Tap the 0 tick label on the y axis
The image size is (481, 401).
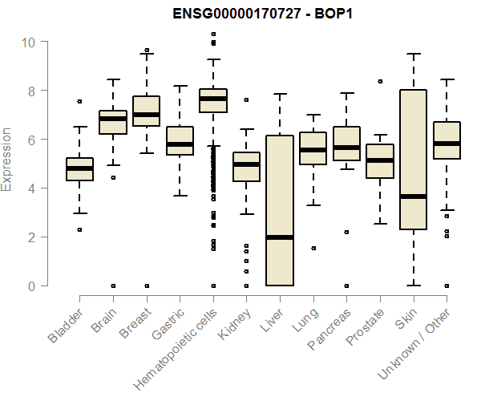(31, 286)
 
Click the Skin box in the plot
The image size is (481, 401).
(413, 160)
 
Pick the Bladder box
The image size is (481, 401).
(79, 169)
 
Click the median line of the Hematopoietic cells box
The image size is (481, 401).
(213, 99)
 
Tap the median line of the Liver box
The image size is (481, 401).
(280, 237)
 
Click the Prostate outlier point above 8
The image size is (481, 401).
(380, 81)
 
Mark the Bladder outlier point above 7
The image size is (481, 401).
(79, 101)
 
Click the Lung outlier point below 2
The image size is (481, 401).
(313, 248)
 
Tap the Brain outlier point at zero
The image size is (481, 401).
(113, 286)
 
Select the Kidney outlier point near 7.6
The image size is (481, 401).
(246, 100)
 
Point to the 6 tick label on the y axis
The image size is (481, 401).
(31, 140)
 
